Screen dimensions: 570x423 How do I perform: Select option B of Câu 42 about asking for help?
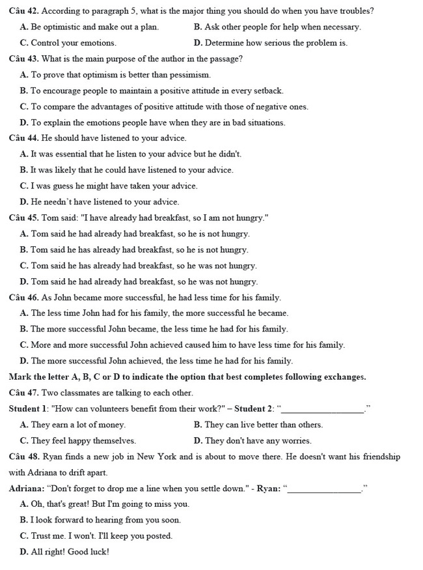click(277, 27)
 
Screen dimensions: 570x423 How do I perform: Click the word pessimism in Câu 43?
click(189, 75)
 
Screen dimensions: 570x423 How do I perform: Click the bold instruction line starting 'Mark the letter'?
click(187, 377)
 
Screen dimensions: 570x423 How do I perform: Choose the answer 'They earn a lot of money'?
click(73, 425)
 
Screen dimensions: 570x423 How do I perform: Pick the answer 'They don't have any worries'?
click(252, 441)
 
